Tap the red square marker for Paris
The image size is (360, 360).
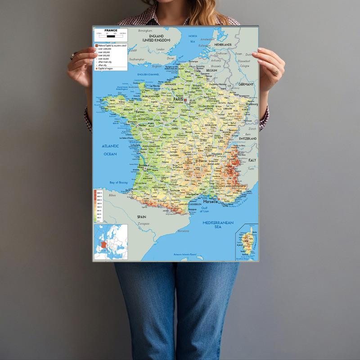pyautogui.click(x=185, y=98)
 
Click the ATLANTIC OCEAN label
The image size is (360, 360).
pyautogui.click(x=110, y=150)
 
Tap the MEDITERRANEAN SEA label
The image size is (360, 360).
pyautogui.click(x=218, y=225)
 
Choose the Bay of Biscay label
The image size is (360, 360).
pyautogui.click(x=119, y=182)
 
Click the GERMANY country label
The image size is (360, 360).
pyautogui.click(x=246, y=84)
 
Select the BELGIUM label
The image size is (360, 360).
pyautogui.click(x=212, y=71)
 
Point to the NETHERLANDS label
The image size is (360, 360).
pyautogui.click(x=223, y=45)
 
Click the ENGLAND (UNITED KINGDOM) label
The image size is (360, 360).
pyautogui.click(x=156, y=38)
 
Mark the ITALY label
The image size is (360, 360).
pyautogui.click(x=252, y=160)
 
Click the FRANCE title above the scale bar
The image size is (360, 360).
pyautogui.click(x=111, y=30)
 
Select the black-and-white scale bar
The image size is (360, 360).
pyautogui.click(x=111, y=34)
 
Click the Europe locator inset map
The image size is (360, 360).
pyautogui.click(x=110, y=243)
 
